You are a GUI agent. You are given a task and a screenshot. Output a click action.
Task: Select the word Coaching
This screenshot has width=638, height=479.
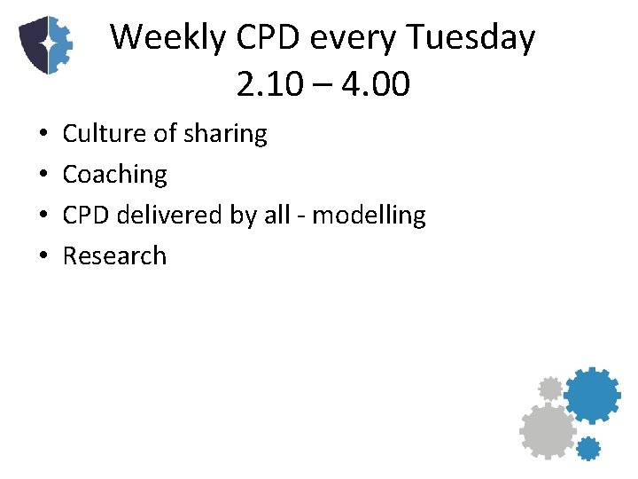click(114, 175)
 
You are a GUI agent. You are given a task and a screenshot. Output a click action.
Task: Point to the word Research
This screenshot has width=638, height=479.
click(114, 256)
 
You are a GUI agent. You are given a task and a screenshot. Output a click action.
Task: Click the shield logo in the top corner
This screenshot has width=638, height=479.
click(45, 44)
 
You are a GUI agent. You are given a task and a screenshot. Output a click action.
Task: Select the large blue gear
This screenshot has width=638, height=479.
click(592, 396)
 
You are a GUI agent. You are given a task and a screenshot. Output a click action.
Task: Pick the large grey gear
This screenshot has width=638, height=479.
click(547, 431)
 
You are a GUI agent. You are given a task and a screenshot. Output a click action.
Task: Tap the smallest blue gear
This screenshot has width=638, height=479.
click(588, 448)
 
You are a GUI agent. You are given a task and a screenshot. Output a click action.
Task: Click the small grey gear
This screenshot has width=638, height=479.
click(550, 389)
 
